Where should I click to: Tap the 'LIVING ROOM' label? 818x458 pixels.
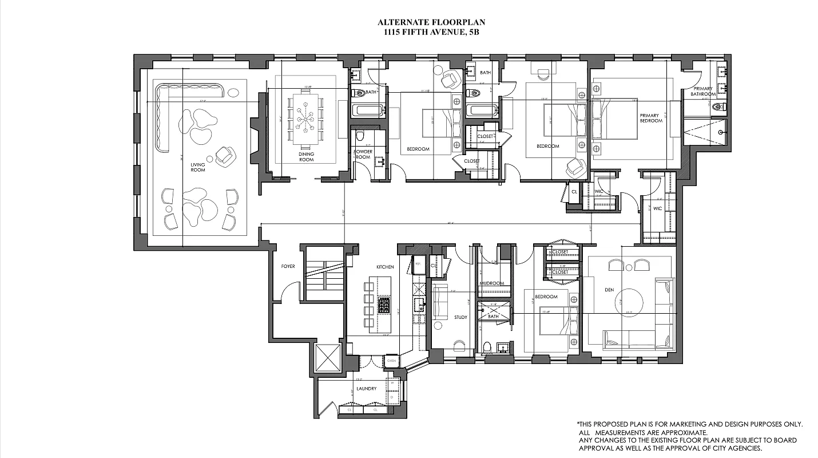198,167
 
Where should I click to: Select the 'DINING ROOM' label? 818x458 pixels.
307,157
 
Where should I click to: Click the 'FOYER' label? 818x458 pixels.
287,266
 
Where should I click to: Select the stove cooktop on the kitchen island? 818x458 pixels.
383,303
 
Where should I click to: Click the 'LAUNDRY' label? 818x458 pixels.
366,389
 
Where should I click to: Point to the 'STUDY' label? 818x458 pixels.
460,317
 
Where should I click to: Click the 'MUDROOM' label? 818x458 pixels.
491,283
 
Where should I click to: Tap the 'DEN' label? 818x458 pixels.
609,290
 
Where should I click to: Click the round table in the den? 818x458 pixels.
632,301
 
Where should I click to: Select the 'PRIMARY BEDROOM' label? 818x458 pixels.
651,118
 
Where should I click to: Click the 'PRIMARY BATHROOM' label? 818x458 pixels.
704,92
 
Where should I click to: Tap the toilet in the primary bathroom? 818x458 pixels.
719,106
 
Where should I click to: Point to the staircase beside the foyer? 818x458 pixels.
324,273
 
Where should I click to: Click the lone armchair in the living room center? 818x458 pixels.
225,155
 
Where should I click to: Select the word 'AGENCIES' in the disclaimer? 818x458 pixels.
742,448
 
